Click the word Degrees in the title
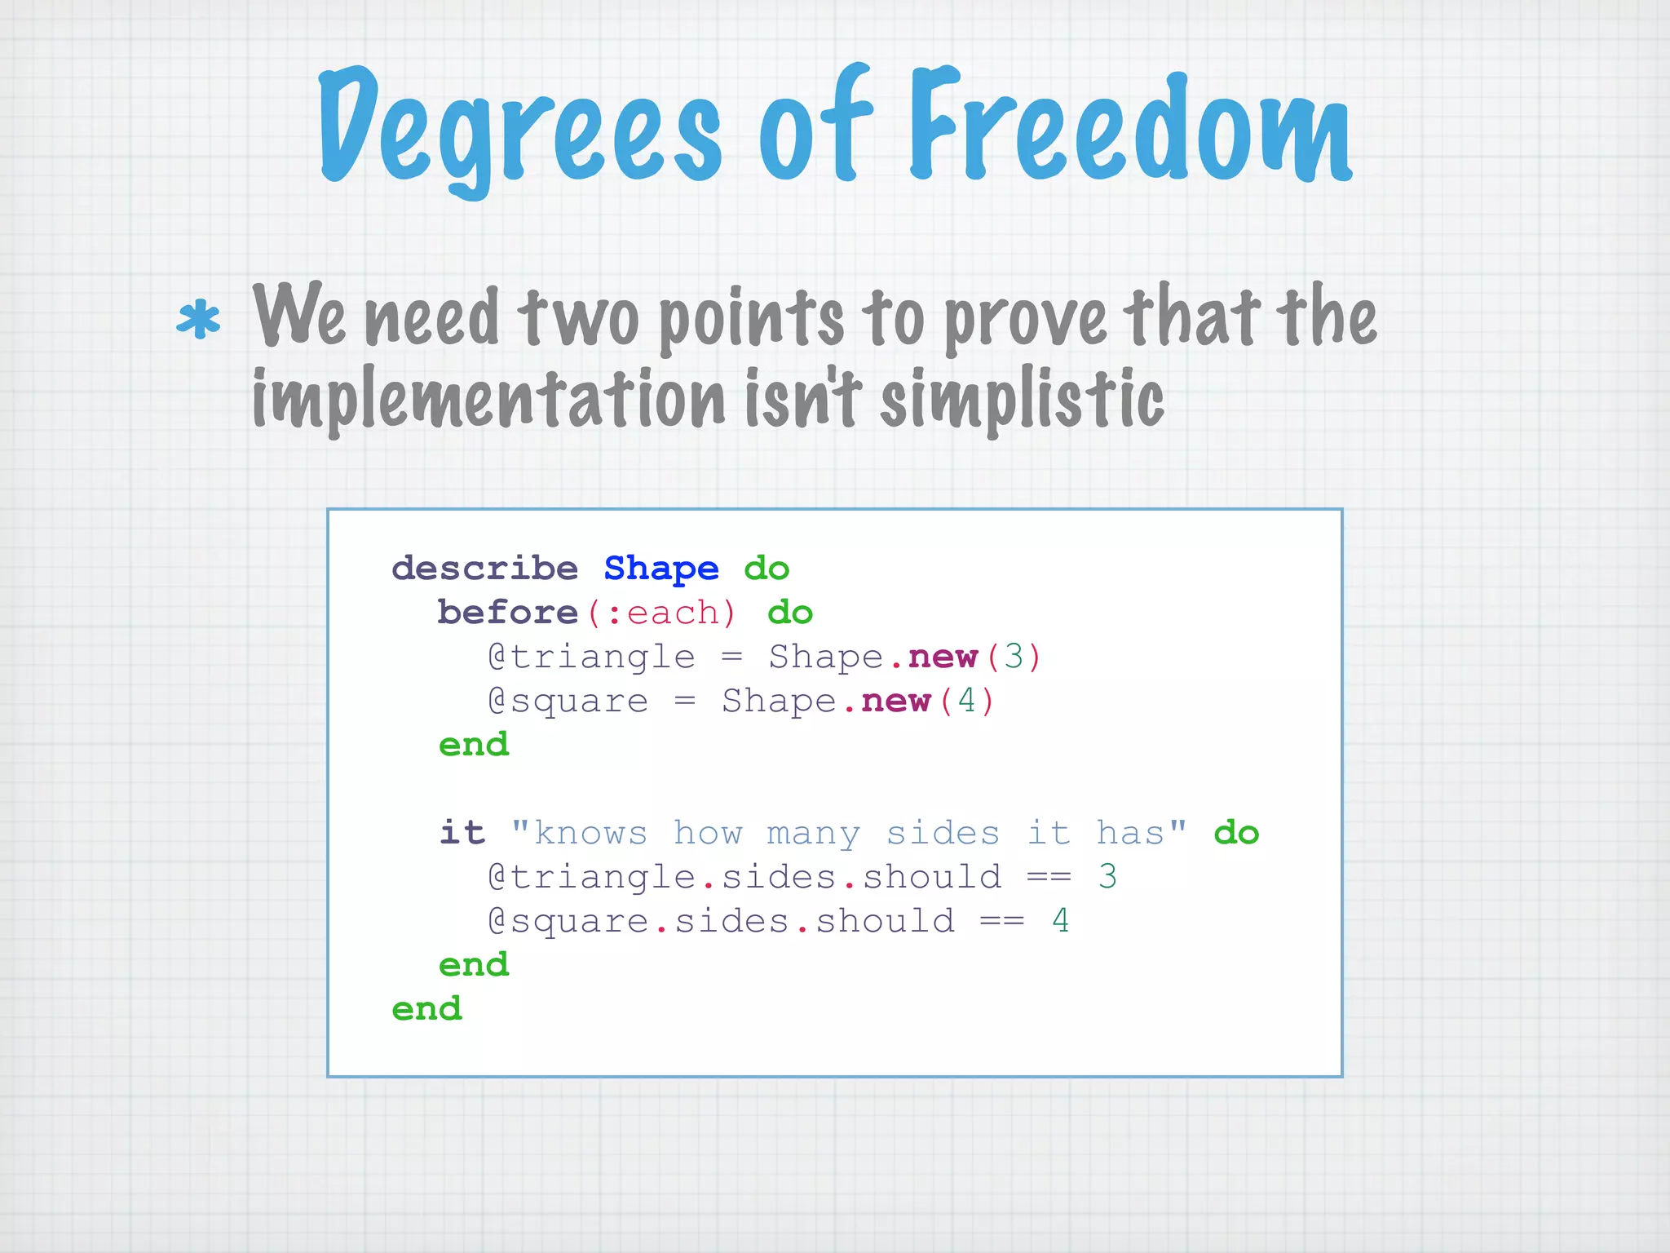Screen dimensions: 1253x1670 click(519, 131)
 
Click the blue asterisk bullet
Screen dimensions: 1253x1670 click(198, 320)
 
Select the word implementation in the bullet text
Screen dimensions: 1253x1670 click(488, 399)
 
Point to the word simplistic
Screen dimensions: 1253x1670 click(1023, 399)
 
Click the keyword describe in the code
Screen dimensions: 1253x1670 click(484, 568)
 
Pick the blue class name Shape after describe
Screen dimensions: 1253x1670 click(660, 568)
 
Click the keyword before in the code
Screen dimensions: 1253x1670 click(507, 612)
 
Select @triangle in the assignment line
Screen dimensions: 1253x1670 click(591, 657)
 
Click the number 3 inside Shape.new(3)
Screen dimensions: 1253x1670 click(1014, 657)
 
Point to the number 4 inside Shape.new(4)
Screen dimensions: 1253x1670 click(966, 701)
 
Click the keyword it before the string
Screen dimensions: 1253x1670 click(462, 833)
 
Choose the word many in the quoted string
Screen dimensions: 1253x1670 click(813, 834)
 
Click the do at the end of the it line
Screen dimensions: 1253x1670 click(1235, 833)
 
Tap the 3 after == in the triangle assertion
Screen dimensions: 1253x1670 click(1107, 877)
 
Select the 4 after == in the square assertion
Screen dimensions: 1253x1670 click(1060, 921)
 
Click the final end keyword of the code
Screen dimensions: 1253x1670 click(426, 1009)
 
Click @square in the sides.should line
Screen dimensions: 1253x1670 click(568, 922)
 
